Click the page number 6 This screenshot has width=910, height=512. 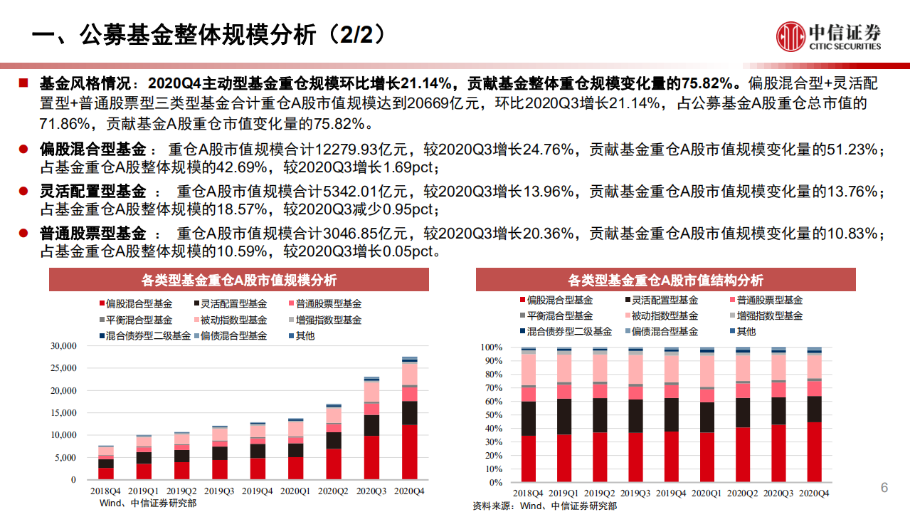884,488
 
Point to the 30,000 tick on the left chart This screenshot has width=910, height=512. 63,346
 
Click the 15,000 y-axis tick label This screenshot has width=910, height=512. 63,413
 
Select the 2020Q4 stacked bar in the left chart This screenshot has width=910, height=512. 410,420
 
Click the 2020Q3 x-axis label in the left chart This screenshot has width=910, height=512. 371,491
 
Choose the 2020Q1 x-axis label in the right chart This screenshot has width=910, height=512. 707,493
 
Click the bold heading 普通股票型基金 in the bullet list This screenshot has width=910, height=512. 92,234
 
